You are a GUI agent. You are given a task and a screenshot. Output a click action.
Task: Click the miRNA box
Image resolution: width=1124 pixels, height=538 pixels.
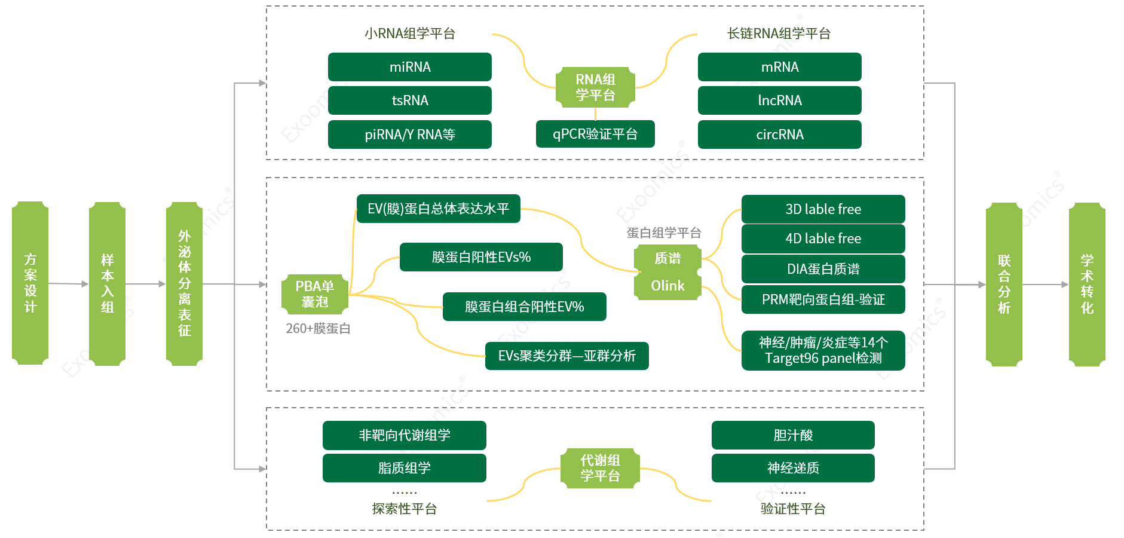coord(409,67)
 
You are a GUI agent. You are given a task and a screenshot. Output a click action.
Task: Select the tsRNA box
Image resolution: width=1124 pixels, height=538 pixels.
coord(409,100)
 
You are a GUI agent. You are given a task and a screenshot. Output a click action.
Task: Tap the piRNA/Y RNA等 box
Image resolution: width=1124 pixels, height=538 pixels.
coord(409,134)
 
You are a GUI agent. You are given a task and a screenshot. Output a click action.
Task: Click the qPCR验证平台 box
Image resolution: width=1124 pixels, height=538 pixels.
coord(595,134)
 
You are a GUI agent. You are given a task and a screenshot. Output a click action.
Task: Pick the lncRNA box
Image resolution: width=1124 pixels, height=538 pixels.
coord(779,100)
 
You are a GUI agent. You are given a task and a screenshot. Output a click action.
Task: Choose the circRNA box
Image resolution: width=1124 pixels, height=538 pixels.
coord(779,134)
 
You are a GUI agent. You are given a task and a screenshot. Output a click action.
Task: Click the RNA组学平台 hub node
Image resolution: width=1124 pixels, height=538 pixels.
coord(595,87)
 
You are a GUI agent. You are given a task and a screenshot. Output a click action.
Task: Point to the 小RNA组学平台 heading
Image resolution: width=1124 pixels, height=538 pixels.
coord(410,33)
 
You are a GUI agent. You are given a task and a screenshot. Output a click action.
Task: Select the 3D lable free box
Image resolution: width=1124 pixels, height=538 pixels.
coord(823,209)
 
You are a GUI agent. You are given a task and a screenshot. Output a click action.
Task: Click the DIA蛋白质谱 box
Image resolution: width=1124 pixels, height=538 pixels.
coord(823,269)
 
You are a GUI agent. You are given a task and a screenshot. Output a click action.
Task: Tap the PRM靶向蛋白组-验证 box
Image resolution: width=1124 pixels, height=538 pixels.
coord(823,299)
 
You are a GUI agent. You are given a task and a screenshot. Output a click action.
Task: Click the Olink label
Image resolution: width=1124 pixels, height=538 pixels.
coord(667,286)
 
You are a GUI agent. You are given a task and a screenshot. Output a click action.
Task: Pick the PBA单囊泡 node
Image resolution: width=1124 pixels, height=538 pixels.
coord(315,294)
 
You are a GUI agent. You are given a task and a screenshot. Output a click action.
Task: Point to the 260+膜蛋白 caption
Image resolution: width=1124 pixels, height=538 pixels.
coord(318,329)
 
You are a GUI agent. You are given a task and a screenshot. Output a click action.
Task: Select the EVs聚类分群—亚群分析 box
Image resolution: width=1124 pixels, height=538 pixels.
coord(566,356)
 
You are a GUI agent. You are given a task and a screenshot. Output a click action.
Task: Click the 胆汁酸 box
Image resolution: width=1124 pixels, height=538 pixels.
coord(793,435)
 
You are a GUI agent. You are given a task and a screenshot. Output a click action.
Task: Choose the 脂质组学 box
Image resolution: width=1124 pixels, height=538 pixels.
coord(404,468)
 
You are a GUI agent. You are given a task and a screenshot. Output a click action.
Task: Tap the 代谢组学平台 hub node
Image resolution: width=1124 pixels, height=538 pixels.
coord(600,468)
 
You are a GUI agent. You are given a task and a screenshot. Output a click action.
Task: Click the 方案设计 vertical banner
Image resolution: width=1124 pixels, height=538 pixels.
coord(30,283)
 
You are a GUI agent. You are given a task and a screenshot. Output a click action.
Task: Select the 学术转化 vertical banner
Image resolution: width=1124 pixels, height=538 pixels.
coord(1086,285)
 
